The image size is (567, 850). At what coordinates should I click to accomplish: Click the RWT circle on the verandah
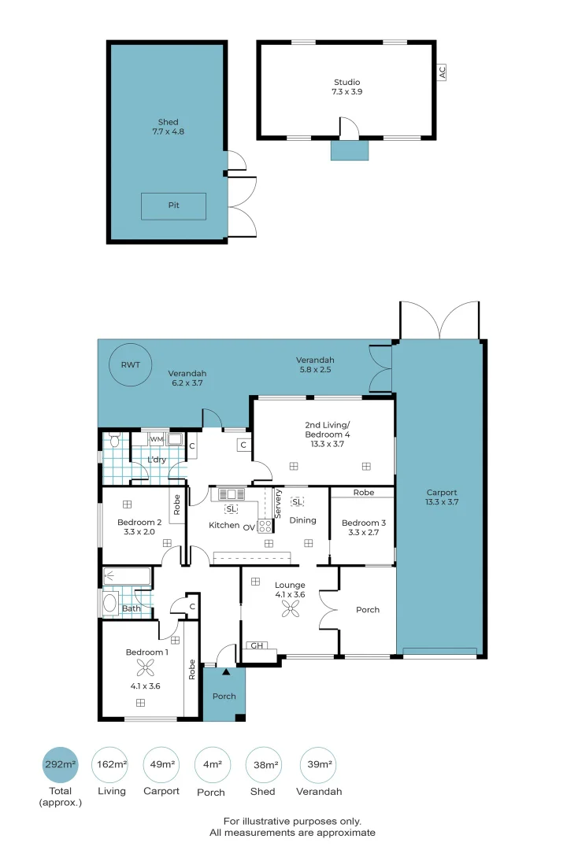pos(128,365)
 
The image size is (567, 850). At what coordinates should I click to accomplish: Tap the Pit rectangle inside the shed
pos(173,206)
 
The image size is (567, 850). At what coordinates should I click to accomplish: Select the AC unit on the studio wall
pos(442,72)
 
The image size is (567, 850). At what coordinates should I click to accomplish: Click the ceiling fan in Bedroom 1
pos(145,668)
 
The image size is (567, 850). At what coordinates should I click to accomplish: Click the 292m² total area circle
pos(60,765)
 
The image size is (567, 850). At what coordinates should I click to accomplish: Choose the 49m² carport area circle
pos(161,765)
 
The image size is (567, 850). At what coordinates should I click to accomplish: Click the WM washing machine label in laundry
pos(156,438)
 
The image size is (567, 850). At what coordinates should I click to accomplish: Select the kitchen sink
pos(232,494)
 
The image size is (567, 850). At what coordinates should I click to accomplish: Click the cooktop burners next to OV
pos(265,527)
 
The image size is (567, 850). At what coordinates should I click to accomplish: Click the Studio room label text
pos(346,82)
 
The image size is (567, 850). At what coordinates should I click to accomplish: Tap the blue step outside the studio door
pos(350,150)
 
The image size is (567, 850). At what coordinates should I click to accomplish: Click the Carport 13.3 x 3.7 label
pos(441,497)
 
